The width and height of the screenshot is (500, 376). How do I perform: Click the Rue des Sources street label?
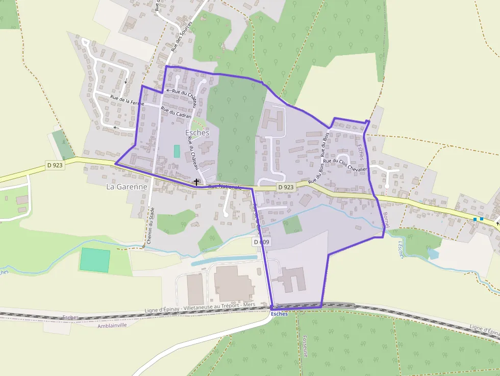[x=182, y=37]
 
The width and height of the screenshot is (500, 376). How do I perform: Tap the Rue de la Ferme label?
[x=127, y=100]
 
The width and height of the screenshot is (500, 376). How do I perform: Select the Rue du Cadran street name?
[x=176, y=112]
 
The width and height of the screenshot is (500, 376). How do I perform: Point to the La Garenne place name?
[x=127, y=187]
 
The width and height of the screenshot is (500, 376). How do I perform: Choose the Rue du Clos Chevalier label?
[x=345, y=161]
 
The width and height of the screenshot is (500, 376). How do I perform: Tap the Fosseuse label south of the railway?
[x=305, y=346]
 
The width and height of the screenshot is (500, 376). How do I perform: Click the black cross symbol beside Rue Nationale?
[x=196, y=182]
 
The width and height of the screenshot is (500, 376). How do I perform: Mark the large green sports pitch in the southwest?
[x=94, y=260]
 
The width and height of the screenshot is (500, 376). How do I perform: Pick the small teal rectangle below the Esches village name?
[x=177, y=151]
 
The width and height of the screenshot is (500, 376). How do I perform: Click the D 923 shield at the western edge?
[x=56, y=165]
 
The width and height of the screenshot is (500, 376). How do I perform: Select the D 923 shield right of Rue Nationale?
[x=286, y=187]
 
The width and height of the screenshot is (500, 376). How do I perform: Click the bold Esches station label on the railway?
[x=280, y=314]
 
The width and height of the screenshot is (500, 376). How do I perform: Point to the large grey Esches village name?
[x=197, y=133]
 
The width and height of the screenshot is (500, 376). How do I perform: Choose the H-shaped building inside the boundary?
[x=272, y=119]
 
